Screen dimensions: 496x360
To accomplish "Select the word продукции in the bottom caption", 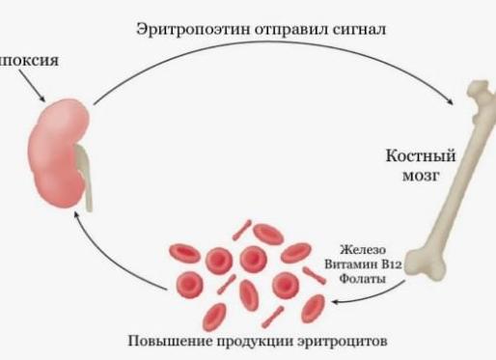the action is pos(247,340).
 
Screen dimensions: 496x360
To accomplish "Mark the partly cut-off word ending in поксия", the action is pos(29,60).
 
